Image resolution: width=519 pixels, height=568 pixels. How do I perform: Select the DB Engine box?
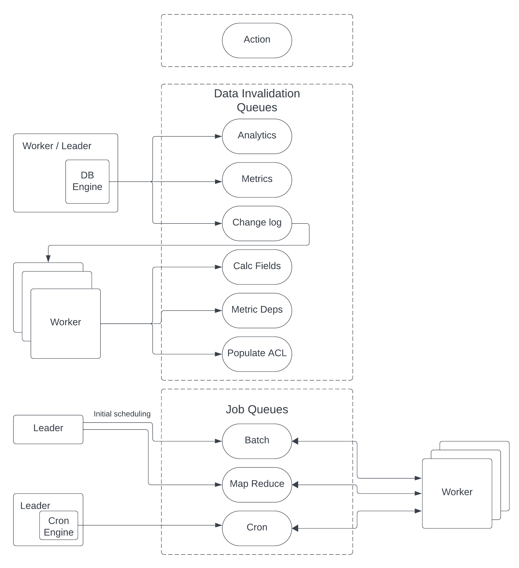coord(87,181)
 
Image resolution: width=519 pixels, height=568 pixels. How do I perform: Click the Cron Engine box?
coord(58,526)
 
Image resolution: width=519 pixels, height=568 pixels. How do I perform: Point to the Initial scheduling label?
coord(122,414)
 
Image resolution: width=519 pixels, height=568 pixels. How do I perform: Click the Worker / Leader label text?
coord(57,146)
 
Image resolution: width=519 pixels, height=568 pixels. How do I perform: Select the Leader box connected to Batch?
coord(48,429)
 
